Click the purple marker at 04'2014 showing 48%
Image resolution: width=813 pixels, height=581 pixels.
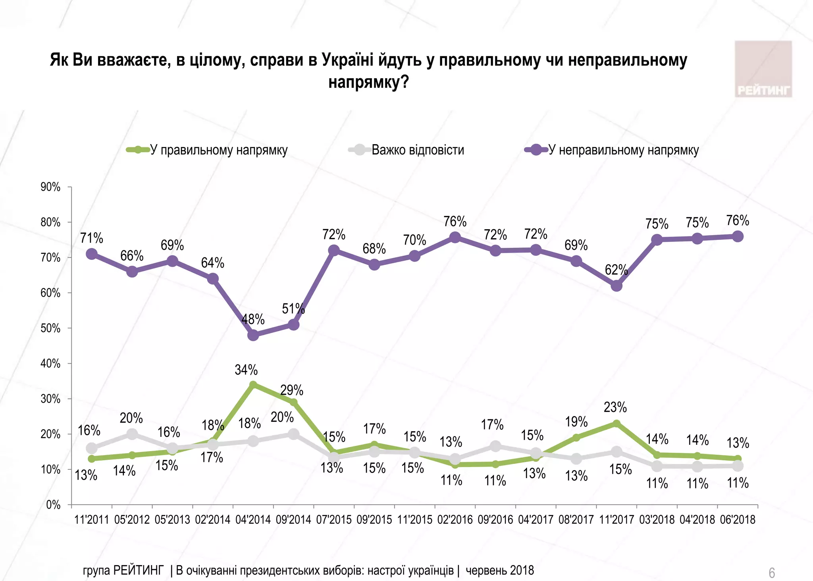click(x=253, y=335)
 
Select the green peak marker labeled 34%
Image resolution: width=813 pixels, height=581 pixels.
click(x=253, y=384)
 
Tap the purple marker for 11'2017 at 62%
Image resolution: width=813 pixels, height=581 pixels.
click(x=616, y=286)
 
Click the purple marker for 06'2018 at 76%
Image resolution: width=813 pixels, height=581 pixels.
click(x=738, y=237)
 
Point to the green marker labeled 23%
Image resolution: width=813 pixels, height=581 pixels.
click(x=616, y=424)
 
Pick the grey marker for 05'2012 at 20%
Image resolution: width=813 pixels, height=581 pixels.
click(x=132, y=434)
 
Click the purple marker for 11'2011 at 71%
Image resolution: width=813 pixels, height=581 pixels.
click(x=92, y=254)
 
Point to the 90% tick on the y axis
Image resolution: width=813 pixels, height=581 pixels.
click(x=50, y=187)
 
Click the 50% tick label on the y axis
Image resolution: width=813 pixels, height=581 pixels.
click(x=50, y=328)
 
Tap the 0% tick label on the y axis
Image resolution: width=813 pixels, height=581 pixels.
click(x=53, y=505)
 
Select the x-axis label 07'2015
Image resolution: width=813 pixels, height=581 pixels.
click(x=334, y=519)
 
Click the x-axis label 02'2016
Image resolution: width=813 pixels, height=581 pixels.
click(x=455, y=519)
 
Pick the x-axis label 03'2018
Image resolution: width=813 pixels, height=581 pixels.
click(x=657, y=519)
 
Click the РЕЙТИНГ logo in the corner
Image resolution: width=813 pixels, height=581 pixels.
click(x=763, y=69)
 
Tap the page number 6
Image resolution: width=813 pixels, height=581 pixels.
click(x=772, y=573)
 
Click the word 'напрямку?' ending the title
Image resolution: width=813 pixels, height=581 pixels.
click(x=368, y=82)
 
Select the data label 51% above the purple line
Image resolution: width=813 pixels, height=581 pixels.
click(x=293, y=309)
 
